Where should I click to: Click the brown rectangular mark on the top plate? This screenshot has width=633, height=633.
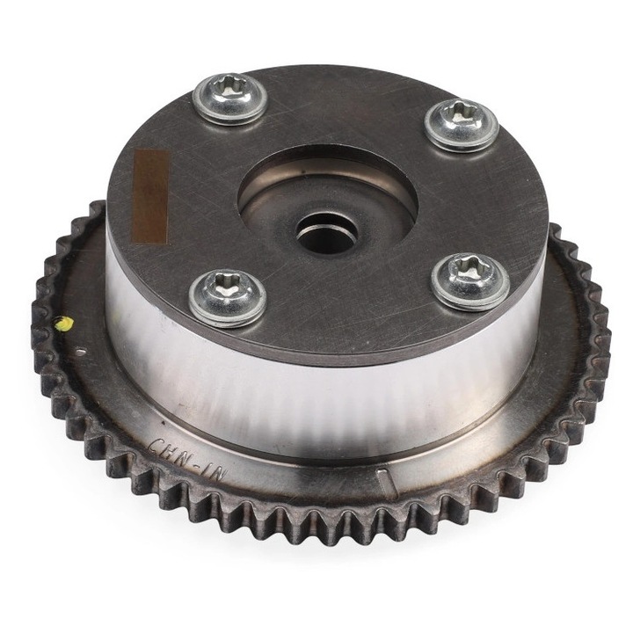(x=150, y=195)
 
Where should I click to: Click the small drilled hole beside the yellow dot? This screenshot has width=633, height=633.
(x=78, y=351)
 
